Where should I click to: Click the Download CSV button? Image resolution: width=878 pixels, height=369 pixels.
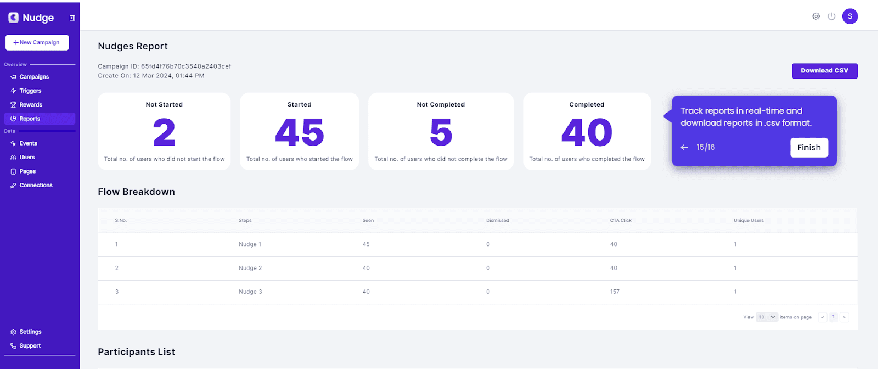click(825, 71)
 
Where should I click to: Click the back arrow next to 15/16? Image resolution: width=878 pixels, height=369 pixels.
click(684, 148)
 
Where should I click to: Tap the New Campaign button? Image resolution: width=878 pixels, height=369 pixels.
click(37, 42)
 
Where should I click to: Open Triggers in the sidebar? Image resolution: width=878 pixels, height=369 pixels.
click(30, 91)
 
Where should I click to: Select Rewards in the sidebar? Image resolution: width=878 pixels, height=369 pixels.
click(31, 105)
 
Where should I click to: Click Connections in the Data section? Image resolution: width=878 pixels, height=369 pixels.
click(36, 185)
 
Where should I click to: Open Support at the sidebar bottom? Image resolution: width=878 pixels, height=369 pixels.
click(30, 346)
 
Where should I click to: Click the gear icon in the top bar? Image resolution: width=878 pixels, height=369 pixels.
click(816, 16)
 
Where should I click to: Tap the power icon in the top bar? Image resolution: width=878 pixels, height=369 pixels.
click(831, 16)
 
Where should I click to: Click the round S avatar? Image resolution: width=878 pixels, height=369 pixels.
click(850, 16)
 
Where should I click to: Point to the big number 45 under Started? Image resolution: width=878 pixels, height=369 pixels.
click(300, 132)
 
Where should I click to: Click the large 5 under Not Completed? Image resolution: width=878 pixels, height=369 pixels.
click(441, 132)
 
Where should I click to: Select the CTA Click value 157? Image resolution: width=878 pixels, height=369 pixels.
click(615, 292)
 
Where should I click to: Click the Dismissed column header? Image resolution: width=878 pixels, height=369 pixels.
click(498, 220)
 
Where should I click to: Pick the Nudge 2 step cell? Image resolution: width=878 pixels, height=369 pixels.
click(250, 268)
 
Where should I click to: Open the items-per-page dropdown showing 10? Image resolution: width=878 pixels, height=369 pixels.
click(767, 317)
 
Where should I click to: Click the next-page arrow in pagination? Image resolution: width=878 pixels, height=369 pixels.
click(845, 317)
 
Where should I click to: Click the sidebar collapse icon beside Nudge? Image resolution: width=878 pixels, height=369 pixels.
click(72, 18)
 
